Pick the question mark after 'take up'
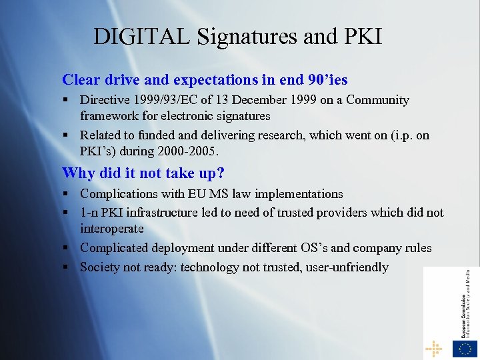click(x=221, y=173)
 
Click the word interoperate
click(x=112, y=229)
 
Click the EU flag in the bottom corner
click(x=465, y=348)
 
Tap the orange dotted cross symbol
click(x=433, y=348)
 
